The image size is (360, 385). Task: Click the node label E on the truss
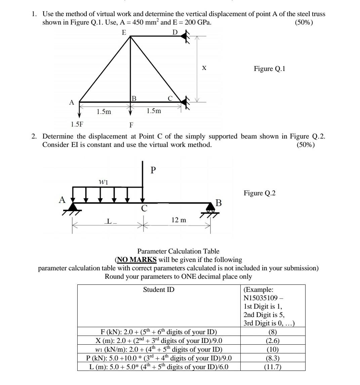point(124,32)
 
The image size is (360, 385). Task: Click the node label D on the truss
point(174,32)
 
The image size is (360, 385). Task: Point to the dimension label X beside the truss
point(204,68)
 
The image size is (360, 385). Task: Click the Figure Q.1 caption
point(269,69)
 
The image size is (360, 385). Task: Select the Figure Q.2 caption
point(259,193)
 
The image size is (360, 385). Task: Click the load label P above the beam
point(153,170)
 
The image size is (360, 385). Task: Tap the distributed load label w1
point(103,182)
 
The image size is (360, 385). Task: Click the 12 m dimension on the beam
point(178,220)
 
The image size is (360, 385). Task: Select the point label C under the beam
point(144,208)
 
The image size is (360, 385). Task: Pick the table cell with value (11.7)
point(273,367)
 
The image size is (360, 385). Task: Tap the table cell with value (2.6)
point(273,340)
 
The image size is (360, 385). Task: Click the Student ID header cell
point(159,290)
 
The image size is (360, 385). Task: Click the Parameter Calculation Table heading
point(178,251)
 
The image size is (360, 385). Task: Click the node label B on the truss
point(134,99)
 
